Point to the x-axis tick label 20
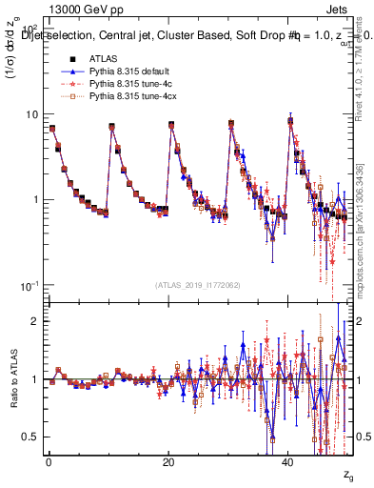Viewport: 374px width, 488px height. point(168,462)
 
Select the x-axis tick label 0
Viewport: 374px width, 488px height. point(49,462)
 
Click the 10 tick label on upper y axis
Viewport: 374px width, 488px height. point(32,114)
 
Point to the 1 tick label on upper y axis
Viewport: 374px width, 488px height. point(35,200)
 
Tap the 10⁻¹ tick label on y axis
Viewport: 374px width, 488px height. point(30,286)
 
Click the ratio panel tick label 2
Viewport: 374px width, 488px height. point(35,321)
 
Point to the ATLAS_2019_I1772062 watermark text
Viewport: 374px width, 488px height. point(199,285)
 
